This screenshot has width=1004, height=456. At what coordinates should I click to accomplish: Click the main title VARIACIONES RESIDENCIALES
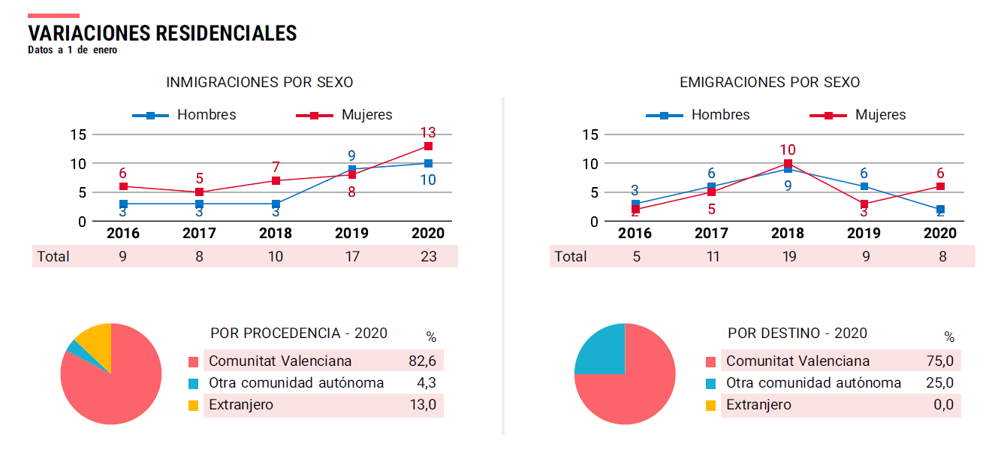[x=162, y=33]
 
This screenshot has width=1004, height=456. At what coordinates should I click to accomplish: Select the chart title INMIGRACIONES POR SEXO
[x=259, y=82]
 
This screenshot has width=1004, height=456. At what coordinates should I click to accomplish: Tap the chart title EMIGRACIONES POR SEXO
[x=770, y=82]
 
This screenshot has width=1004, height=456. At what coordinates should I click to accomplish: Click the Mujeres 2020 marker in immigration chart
[x=428, y=146]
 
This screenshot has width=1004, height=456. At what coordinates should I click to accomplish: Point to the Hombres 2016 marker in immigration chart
[x=123, y=204]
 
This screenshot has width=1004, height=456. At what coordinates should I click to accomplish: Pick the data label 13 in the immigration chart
[x=427, y=132]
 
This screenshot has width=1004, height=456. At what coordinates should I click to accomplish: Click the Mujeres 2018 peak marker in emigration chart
[x=788, y=163]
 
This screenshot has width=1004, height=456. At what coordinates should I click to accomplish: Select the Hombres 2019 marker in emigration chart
[x=864, y=186]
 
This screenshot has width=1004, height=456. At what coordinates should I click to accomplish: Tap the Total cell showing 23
[x=427, y=256]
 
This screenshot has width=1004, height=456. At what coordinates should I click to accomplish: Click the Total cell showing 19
[x=788, y=256]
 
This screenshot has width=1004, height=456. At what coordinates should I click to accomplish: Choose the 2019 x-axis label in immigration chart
[x=351, y=233]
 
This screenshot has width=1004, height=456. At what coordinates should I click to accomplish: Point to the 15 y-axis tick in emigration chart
[x=590, y=134]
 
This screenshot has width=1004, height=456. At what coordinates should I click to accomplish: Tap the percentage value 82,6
[x=422, y=361]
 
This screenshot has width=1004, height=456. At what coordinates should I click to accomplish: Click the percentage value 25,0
[x=939, y=383]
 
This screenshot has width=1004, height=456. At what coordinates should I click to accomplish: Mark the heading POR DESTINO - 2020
[x=797, y=333]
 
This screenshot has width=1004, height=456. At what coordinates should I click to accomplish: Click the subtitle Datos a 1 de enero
[x=72, y=50]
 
